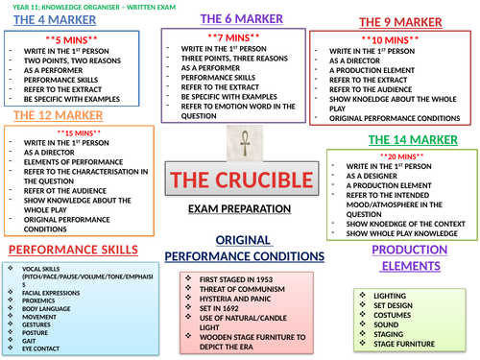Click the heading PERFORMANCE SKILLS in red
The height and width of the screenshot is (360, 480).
[64, 249]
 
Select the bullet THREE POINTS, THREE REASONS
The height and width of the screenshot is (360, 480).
[222, 59]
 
